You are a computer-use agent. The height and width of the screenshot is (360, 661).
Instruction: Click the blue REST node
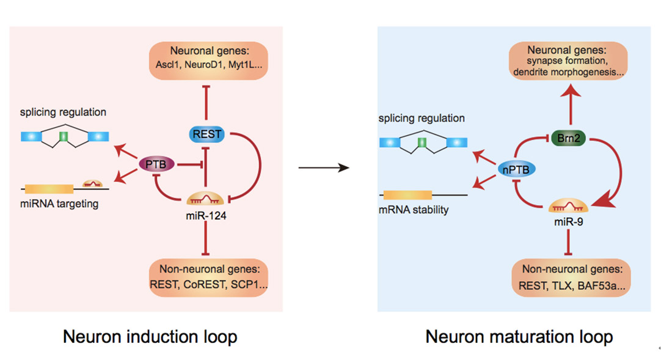pos(205,134)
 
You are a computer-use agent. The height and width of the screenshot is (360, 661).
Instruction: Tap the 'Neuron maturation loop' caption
pos(519,337)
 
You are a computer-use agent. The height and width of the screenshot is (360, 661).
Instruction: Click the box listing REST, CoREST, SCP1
pos(208,278)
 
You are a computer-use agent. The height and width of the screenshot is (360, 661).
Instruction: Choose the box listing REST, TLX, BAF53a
pos(570,277)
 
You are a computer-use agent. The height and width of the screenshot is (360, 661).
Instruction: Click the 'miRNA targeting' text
pos(59,203)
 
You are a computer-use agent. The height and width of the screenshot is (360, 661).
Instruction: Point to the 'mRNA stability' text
pos(414,210)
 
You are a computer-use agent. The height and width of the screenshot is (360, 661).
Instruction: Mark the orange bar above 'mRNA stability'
pos(407,196)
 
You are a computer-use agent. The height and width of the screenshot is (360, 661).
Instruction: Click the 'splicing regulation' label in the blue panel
pos(422,118)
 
